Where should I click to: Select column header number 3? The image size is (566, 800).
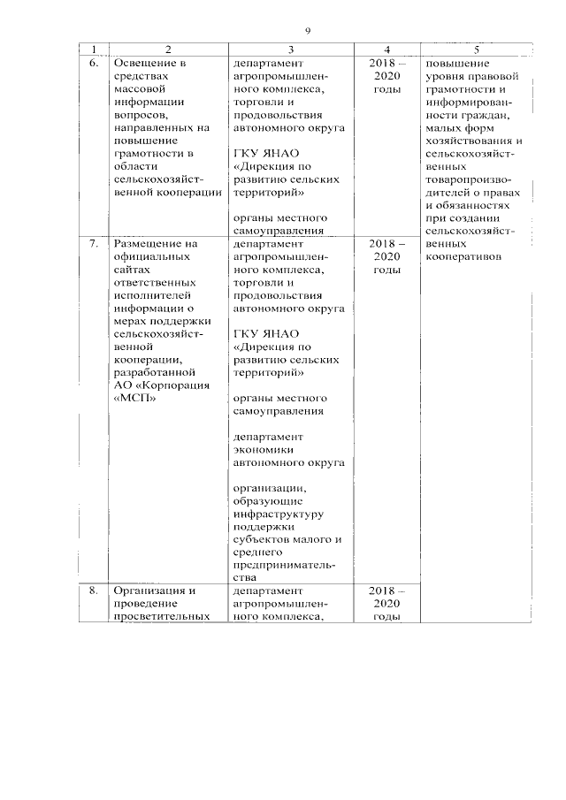point(290,50)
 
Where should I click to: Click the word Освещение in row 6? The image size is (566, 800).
point(143,64)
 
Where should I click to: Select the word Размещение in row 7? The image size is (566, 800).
point(147,243)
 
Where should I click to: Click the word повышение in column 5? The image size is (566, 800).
point(453,64)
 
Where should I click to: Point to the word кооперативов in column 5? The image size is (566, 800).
point(464,257)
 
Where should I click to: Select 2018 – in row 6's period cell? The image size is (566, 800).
point(386,64)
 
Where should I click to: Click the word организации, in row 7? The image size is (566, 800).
point(270,487)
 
